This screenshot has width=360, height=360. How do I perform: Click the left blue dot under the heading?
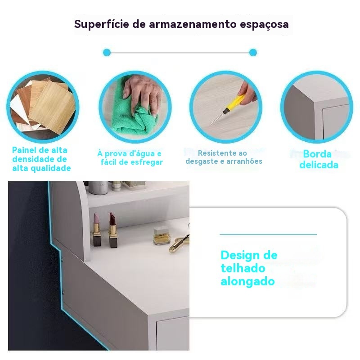(107, 53)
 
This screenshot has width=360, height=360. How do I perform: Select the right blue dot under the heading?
(253, 53)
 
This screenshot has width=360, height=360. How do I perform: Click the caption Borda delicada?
(318, 159)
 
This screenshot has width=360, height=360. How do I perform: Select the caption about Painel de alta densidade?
(41, 159)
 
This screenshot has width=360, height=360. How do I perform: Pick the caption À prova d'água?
(130, 158)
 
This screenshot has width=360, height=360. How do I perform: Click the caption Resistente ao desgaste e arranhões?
(224, 157)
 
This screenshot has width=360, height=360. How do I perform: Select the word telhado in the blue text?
(243, 268)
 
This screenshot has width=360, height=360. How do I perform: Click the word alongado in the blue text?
(247, 282)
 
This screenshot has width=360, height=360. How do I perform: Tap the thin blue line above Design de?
(268, 234)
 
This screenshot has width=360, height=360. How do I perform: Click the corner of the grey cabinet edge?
(314, 100)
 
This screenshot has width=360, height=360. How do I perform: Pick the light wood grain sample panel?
(53, 107)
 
